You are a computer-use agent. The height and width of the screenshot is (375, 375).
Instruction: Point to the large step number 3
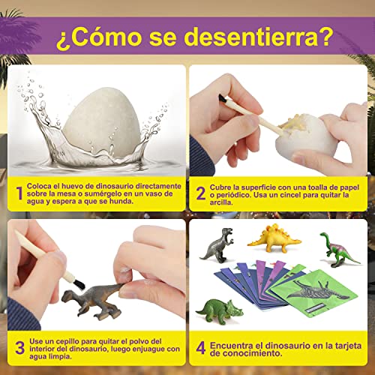(19, 347)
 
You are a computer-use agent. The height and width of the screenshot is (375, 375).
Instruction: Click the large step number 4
(200, 347)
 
